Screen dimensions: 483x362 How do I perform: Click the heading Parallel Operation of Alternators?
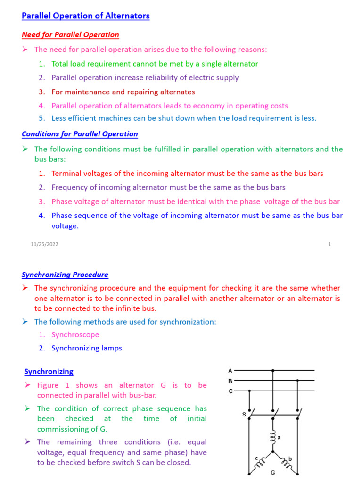pyautogui.click(x=86, y=16)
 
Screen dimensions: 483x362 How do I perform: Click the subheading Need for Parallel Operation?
pyautogui.click(x=70, y=35)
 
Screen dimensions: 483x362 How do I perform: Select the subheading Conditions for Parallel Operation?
pyautogui.click(x=80, y=134)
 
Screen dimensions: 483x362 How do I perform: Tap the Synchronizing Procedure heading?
pyautogui.click(x=65, y=275)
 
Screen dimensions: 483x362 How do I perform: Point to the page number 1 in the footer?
pyautogui.click(x=329, y=244)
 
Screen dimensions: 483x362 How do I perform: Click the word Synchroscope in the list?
pyautogui.click(x=75, y=335)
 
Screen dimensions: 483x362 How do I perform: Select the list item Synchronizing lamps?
pyautogui.click(x=87, y=348)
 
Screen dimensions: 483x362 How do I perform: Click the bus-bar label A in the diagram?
pyautogui.click(x=230, y=370)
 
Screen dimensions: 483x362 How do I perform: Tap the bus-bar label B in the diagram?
pyautogui.click(x=230, y=380)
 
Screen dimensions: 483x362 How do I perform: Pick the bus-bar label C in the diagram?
pyautogui.click(x=230, y=391)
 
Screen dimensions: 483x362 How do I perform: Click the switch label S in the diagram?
pyautogui.click(x=244, y=415)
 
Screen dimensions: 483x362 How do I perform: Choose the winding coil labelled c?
pyautogui.click(x=258, y=462)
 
